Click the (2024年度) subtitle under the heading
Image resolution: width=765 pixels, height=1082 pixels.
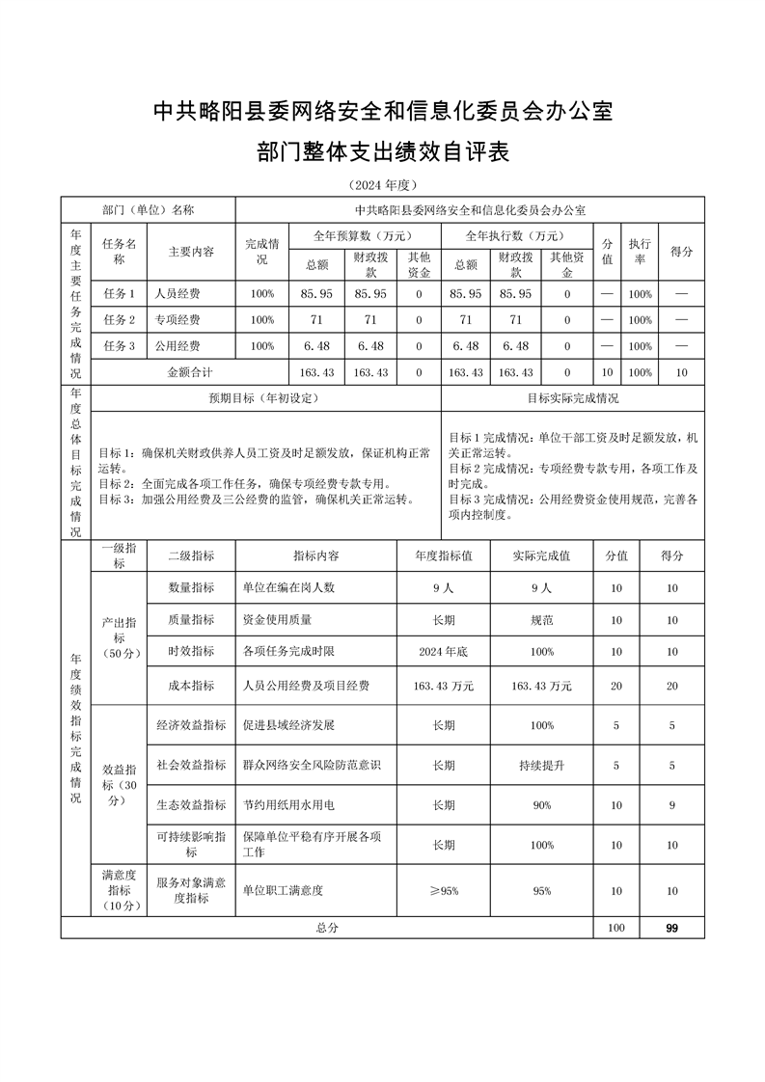382,184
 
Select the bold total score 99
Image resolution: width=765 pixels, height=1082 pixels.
671,927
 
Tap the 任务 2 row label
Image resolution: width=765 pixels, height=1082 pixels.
120,319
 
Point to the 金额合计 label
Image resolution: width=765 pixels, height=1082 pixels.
190,371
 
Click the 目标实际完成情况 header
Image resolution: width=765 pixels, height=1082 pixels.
573,397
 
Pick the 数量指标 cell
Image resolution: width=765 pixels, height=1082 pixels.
191,587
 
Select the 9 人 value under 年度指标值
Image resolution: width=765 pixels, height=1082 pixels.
444,587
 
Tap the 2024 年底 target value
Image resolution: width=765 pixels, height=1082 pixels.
444,652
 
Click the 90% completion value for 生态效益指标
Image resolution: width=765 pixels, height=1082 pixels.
541,804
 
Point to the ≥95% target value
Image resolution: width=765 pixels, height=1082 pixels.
444,890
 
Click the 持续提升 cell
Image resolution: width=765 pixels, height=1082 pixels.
541,765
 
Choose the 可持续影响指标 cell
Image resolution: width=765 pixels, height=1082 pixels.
191,845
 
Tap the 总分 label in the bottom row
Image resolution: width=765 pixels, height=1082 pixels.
327,927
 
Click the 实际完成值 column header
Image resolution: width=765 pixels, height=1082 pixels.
541,555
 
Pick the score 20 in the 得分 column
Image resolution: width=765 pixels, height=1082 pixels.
671,686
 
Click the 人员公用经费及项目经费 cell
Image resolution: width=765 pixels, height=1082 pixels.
307,686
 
